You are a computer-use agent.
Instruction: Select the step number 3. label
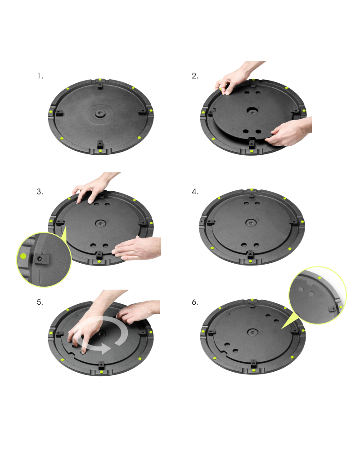click(40, 191)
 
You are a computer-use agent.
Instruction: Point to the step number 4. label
click(194, 191)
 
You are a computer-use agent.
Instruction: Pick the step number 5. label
click(40, 302)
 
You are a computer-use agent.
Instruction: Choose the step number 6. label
click(194, 302)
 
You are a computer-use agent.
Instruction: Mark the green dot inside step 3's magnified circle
click(23, 256)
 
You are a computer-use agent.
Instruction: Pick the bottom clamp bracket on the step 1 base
click(99, 144)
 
